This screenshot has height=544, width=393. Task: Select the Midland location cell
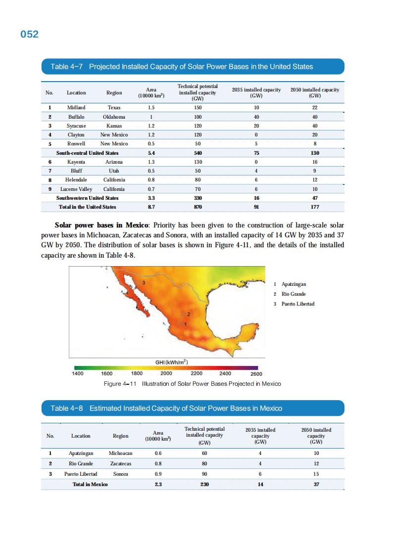[x=76, y=107]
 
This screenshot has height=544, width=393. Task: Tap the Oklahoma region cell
[x=114, y=117]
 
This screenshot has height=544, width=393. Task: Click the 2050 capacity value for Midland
[x=314, y=107]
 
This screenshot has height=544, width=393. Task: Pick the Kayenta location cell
[x=76, y=162]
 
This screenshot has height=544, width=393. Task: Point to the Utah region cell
[x=114, y=171]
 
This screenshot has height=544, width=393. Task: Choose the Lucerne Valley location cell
[x=76, y=189]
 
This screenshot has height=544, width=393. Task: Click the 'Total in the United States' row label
[x=87, y=207]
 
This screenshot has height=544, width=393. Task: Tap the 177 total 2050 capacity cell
[x=314, y=207]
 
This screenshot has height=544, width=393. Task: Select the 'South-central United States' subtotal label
[x=87, y=153]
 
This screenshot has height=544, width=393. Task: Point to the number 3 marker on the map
[x=144, y=282]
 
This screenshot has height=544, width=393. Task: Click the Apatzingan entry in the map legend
[x=294, y=284]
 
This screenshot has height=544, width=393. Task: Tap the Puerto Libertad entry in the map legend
[x=297, y=304]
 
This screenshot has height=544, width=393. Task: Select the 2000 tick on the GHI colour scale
[x=166, y=373]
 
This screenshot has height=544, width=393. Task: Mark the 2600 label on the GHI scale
[x=256, y=374]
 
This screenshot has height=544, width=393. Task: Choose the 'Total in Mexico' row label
[x=90, y=484]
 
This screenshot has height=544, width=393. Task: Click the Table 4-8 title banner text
[x=166, y=408]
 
